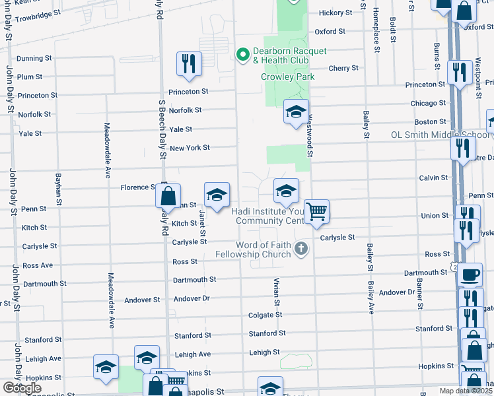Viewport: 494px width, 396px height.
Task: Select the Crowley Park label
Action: [287, 77]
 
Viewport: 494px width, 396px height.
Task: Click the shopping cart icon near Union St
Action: [317, 211]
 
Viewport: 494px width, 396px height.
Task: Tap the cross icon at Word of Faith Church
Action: [301, 249]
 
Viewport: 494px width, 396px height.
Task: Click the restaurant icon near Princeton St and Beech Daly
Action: [189, 63]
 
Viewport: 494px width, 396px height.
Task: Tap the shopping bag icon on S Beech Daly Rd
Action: [168, 195]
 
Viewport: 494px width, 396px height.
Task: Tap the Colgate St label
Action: [265, 315]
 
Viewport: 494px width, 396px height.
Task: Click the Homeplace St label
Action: [376, 30]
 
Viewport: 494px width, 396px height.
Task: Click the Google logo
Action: [22, 388]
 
